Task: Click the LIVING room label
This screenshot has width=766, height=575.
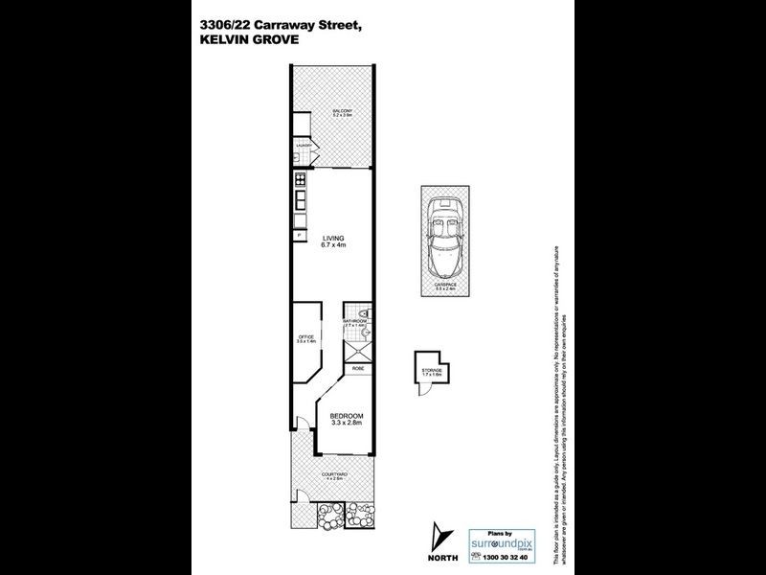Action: click(332, 241)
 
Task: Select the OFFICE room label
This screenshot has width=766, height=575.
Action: click(306, 337)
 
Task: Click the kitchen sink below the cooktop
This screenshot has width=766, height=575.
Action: click(300, 202)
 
